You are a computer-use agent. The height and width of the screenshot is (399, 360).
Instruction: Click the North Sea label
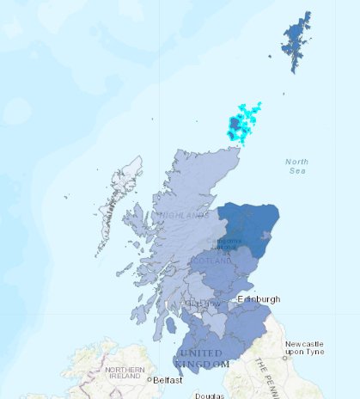pos(296,166)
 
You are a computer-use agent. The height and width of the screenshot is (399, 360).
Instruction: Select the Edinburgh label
pos(259,299)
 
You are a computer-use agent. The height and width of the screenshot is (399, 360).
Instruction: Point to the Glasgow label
pos(204,304)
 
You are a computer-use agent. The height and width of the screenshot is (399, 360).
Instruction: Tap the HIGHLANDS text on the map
pos(182,215)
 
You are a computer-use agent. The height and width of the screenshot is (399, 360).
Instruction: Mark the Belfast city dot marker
pos(149,379)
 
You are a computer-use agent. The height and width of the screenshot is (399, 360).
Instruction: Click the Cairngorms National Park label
pos(228,244)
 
